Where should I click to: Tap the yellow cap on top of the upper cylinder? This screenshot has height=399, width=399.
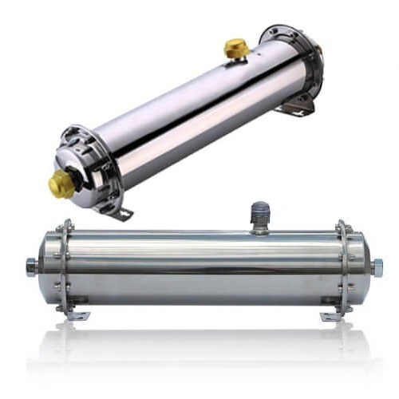236,49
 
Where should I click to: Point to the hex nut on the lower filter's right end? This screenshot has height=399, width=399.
377,266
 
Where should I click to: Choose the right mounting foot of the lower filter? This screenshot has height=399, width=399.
330,315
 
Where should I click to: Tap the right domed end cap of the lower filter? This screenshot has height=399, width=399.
361,266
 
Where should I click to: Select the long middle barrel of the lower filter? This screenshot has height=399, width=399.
199,267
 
